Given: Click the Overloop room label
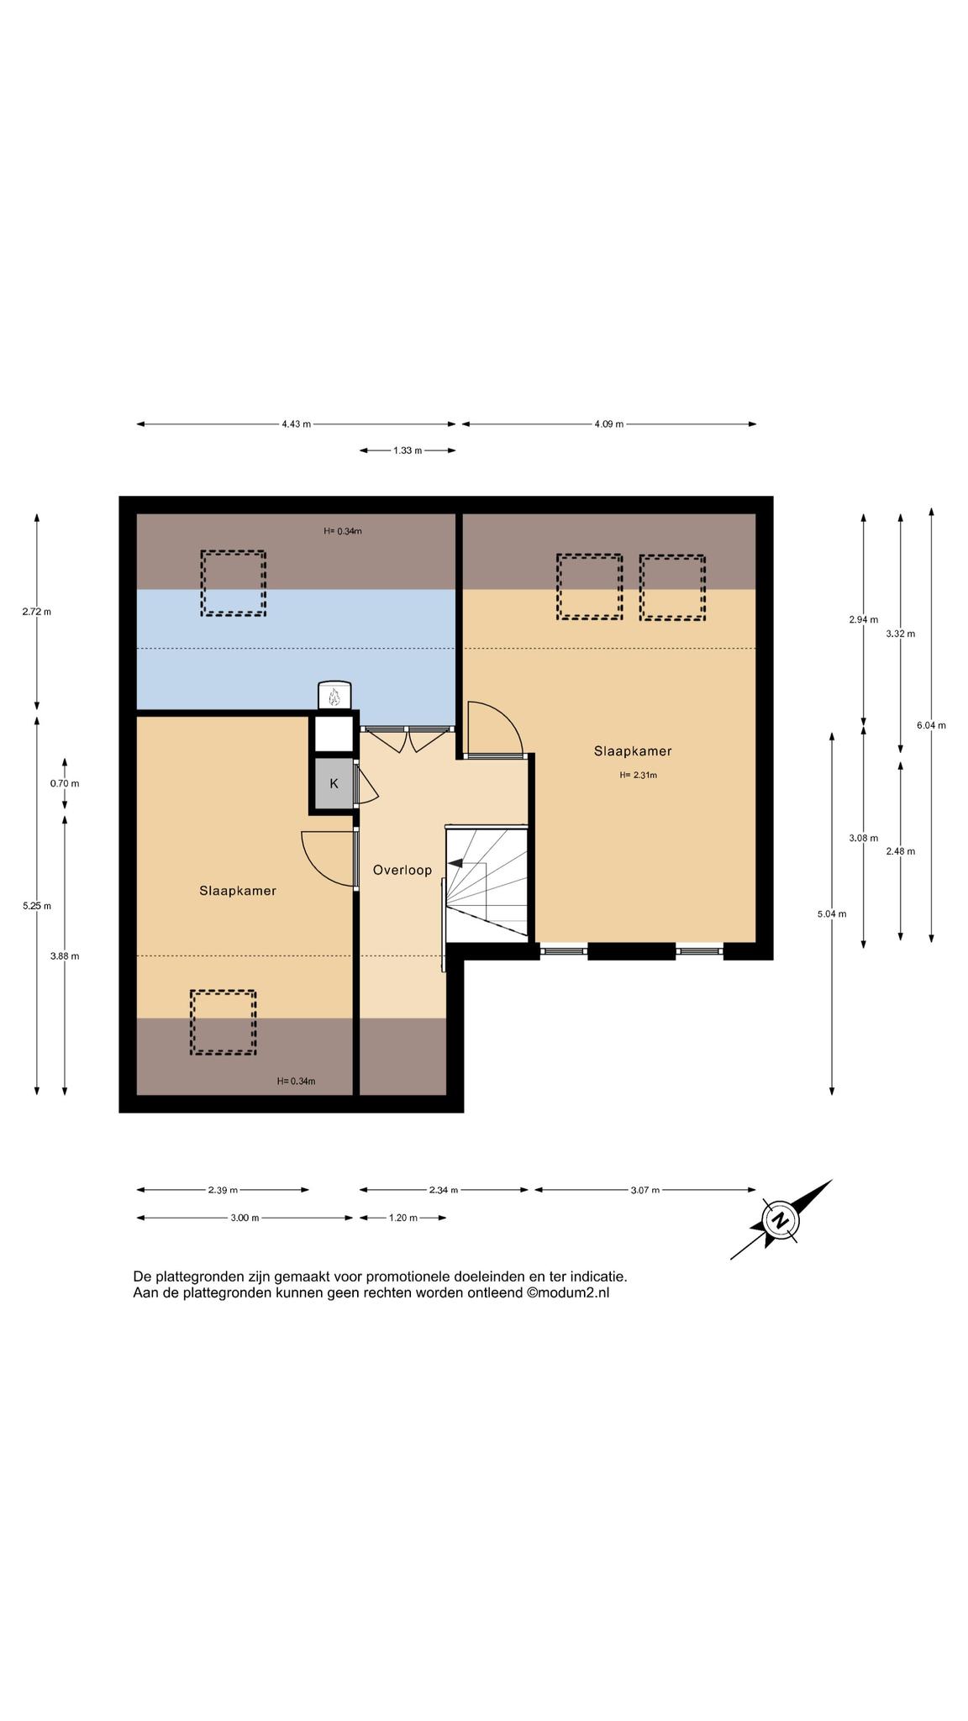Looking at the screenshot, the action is [402, 871].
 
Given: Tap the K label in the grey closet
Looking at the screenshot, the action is [334, 783].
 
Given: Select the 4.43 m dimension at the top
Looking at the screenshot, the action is [297, 424].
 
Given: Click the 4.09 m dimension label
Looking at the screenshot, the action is [609, 424].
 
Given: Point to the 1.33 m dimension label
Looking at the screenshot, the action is [408, 450].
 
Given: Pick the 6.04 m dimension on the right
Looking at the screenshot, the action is [931, 725].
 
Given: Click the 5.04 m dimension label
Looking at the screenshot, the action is [832, 914].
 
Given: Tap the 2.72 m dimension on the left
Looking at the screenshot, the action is [37, 612].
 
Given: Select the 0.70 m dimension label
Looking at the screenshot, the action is [65, 784].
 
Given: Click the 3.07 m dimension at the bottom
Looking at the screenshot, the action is [644, 1190].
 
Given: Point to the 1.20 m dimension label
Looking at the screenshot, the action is [402, 1218].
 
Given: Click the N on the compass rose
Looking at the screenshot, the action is [781, 1220].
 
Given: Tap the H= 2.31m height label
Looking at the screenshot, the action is [639, 776].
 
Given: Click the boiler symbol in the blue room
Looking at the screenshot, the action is [334, 696].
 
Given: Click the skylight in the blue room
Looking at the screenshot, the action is [234, 583].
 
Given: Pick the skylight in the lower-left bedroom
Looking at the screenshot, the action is [223, 1022].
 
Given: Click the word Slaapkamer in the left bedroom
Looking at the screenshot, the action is [238, 891].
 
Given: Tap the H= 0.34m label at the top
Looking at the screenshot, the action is [343, 531].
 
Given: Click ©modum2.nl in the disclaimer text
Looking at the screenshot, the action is [568, 1293].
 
